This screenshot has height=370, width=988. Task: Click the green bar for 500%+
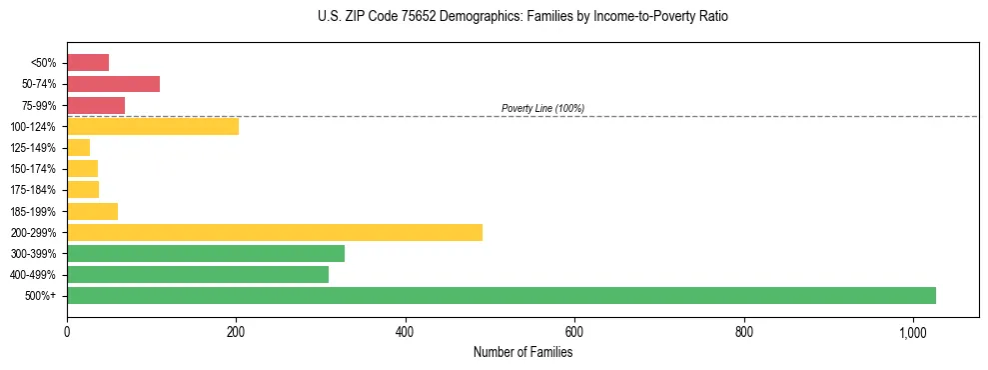point(500,295)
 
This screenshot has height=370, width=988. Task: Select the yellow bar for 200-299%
point(275,232)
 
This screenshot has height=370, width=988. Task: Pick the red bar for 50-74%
point(113,84)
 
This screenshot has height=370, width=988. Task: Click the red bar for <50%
point(88,63)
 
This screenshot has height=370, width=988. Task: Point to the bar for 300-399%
point(206,253)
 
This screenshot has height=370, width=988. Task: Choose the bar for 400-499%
point(198,274)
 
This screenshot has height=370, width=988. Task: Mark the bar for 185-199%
point(92,211)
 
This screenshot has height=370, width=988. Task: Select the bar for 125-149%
point(78,147)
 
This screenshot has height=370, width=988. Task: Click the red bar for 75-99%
point(96,105)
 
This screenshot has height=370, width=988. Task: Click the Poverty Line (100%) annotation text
point(542,108)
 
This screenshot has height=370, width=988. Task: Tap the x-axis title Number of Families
point(522,352)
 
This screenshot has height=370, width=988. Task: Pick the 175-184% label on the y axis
point(34,190)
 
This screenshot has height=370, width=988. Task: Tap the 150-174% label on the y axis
point(34,169)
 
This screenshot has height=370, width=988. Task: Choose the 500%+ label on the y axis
point(42,296)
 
